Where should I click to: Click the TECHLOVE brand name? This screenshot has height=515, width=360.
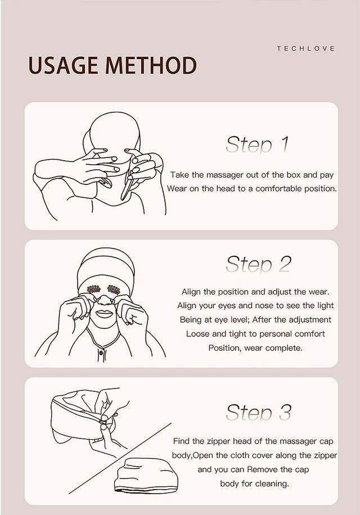pyautogui.click(x=305, y=49)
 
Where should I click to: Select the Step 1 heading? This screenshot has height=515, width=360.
pyautogui.click(x=257, y=144)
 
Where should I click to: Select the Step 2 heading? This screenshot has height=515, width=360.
pyautogui.click(x=258, y=264)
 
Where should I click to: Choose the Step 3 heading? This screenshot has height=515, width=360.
pyautogui.click(x=258, y=412)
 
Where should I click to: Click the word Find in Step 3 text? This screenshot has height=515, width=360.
pyautogui.click(x=181, y=441)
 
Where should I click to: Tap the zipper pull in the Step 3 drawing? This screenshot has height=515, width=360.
pyautogui.click(x=102, y=421)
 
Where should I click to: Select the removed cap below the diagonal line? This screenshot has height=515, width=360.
pyautogui.click(x=146, y=476)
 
